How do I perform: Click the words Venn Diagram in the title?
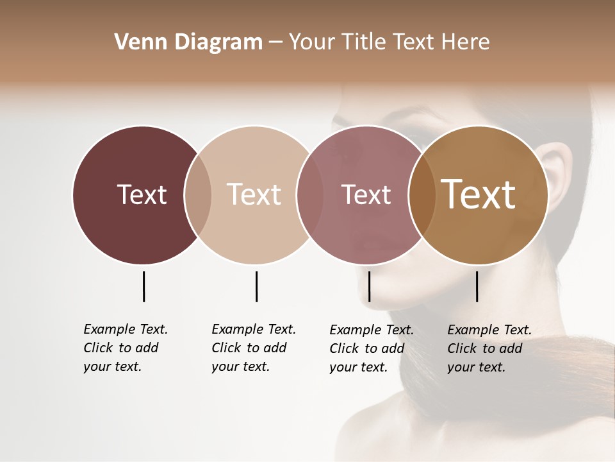click(188, 42)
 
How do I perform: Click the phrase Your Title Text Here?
click(389, 42)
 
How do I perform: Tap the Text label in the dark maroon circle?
click(142, 194)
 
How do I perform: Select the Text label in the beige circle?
click(254, 194)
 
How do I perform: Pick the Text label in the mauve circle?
click(366, 194)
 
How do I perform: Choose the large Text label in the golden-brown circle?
click(479, 194)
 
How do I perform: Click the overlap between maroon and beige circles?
click(198, 195)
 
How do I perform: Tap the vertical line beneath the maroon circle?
click(143, 286)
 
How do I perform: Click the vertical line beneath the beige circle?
click(256, 286)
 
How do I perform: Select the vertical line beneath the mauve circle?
click(369, 286)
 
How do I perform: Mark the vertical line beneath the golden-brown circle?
click(477, 286)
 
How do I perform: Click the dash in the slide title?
click(275, 43)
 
